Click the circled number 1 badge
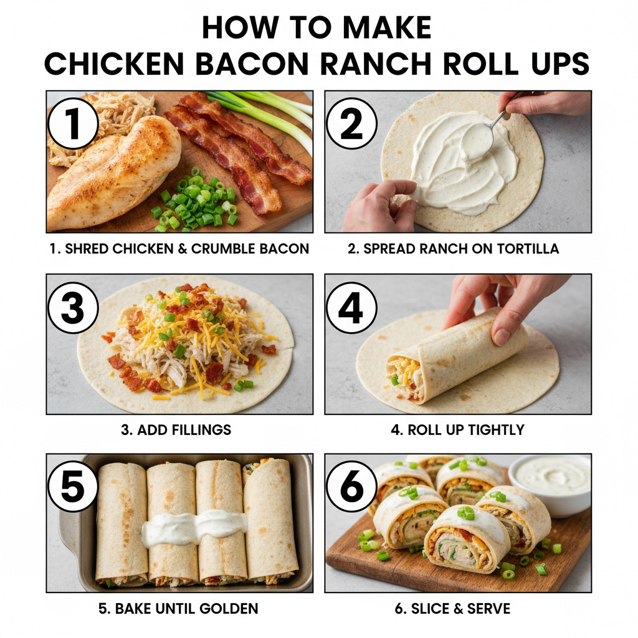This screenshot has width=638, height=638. tap(74, 123)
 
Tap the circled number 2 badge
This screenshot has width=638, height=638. tap(351, 123)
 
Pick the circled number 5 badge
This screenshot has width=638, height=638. tap(74, 487)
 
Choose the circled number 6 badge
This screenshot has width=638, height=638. tap(351, 487)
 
